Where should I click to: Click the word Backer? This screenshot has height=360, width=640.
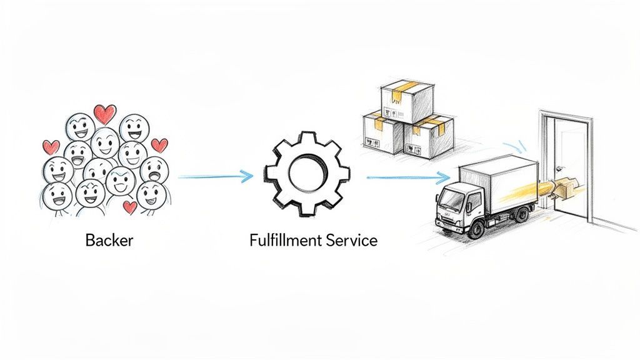click(109, 241)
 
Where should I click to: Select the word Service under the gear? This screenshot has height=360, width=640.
click(353, 241)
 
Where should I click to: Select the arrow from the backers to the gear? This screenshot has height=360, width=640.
click(215, 177)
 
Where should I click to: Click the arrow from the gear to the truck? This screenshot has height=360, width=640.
click(406, 177)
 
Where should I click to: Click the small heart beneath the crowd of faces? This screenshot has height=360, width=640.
click(131, 206)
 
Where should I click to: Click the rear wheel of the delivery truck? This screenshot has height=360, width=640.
click(520, 214)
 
